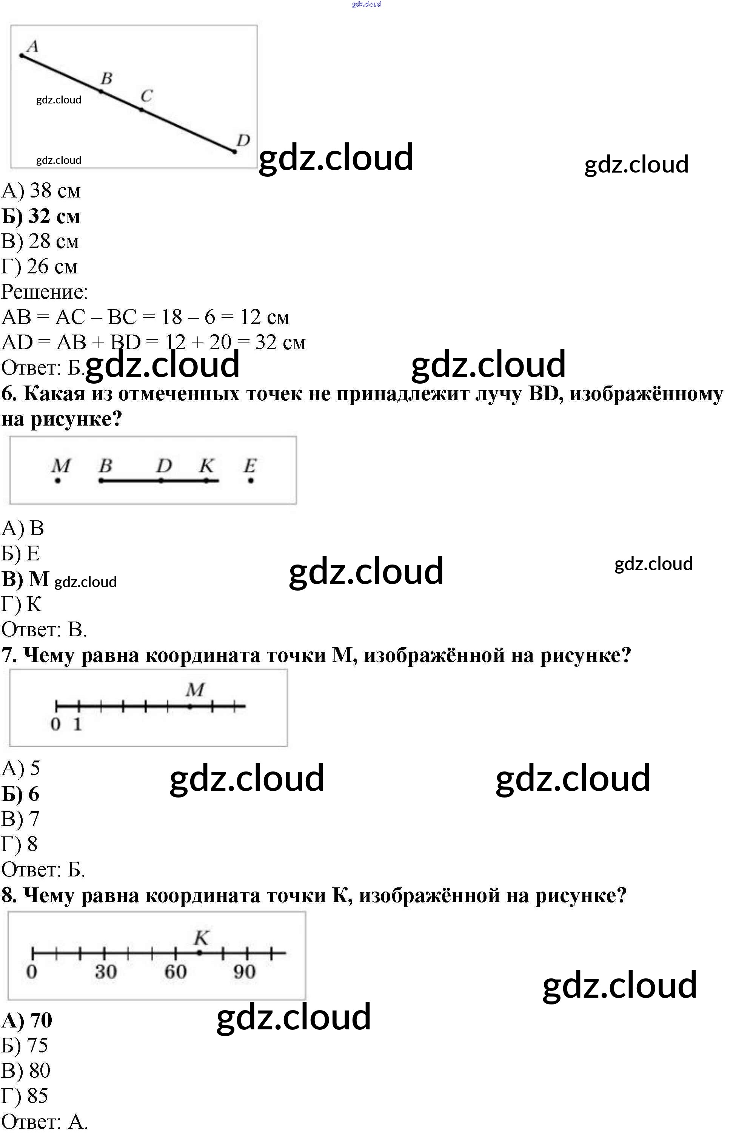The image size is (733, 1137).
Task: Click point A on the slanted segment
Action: pyautogui.click(x=22, y=56)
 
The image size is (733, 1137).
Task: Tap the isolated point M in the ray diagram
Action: pyautogui.click(x=58, y=481)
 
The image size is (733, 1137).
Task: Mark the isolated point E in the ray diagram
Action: pyautogui.click(x=251, y=481)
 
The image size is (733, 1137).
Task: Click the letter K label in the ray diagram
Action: pyautogui.click(x=206, y=465)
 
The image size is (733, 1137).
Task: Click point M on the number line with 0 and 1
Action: pyautogui.click(x=190, y=707)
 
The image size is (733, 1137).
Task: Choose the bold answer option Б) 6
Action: pyautogui.click(x=20, y=794)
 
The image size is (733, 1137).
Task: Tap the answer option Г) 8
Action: pyautogui.click(x=20, y=844)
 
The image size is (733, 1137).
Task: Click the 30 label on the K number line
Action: pyautogui.click(x=105, y=972)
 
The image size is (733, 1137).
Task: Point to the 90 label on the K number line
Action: pyautogui.click(x=244, y=972)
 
